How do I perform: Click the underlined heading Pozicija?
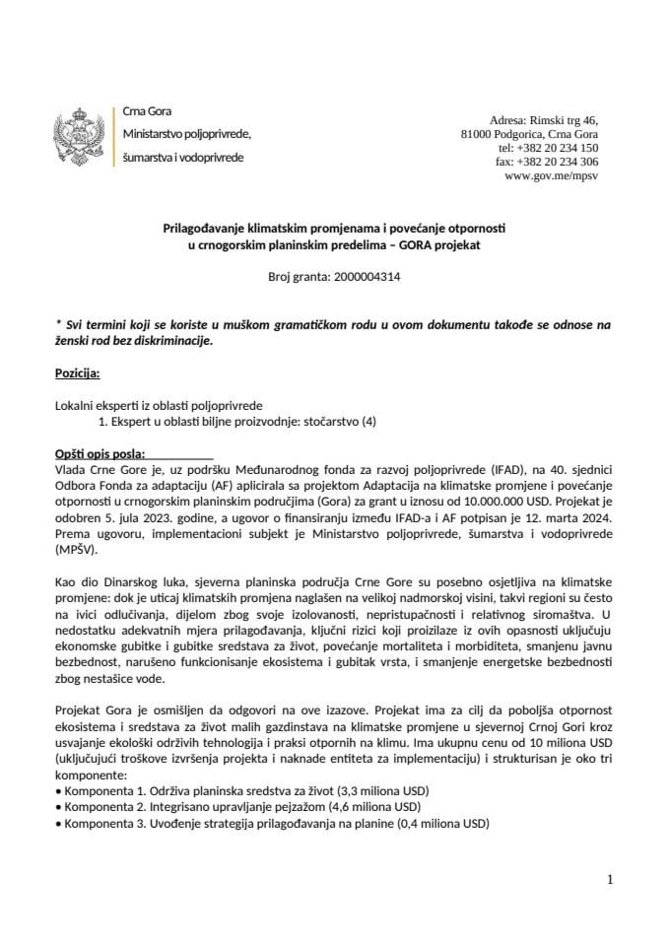78,374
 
